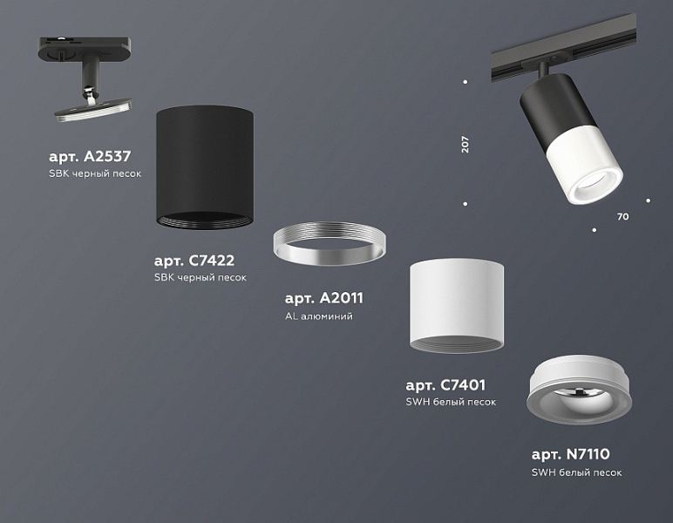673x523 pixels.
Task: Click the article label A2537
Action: point(90,156)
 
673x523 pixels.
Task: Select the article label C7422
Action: point(194,260)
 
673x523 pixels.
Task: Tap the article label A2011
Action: point(324,298)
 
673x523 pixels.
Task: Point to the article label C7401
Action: point(445,385)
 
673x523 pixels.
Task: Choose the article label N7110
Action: point(570,454)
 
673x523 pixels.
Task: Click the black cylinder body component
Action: point(205,167)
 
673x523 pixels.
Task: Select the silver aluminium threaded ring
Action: point(330,243)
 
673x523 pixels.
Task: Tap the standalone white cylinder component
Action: point(457,305)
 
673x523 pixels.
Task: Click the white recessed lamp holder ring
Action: point(579,390)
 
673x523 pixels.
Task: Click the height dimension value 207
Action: point(466,144)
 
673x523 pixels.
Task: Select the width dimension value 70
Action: point(622,217)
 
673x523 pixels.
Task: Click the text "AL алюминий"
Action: point(319,316)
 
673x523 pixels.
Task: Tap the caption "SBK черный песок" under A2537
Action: point(95,173)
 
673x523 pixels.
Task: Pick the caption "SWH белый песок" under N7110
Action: point(576,472)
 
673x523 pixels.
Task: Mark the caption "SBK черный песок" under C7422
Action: point(201,277)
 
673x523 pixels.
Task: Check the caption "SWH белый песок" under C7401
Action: point(451,402)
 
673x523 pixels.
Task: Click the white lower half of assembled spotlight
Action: point(586,166)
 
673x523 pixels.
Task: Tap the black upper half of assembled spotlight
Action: point(551,108)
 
